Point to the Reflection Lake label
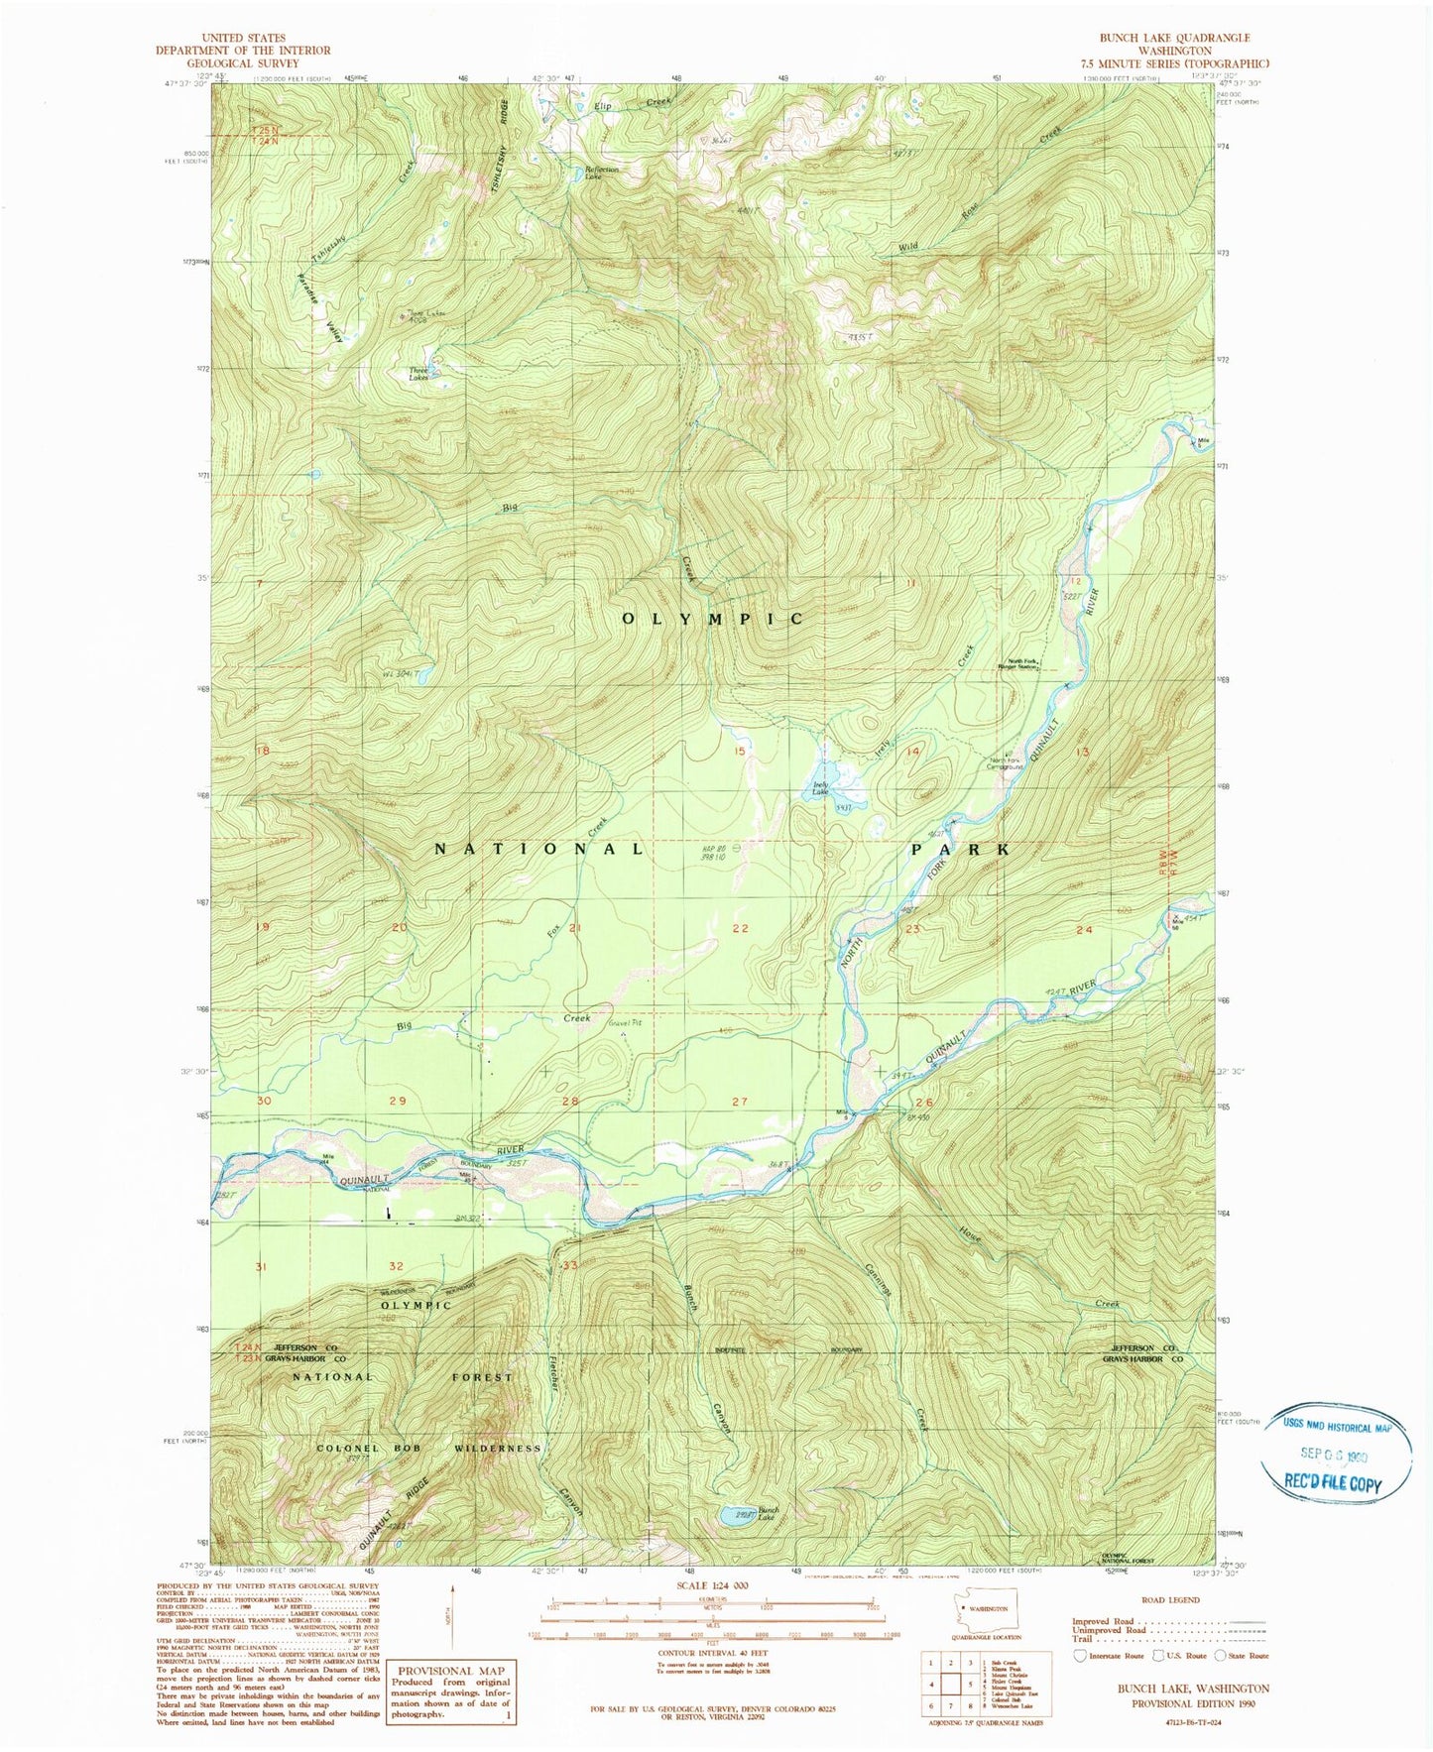(601, 171)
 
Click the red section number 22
(740, 928)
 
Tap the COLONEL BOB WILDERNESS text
(429, 1448)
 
